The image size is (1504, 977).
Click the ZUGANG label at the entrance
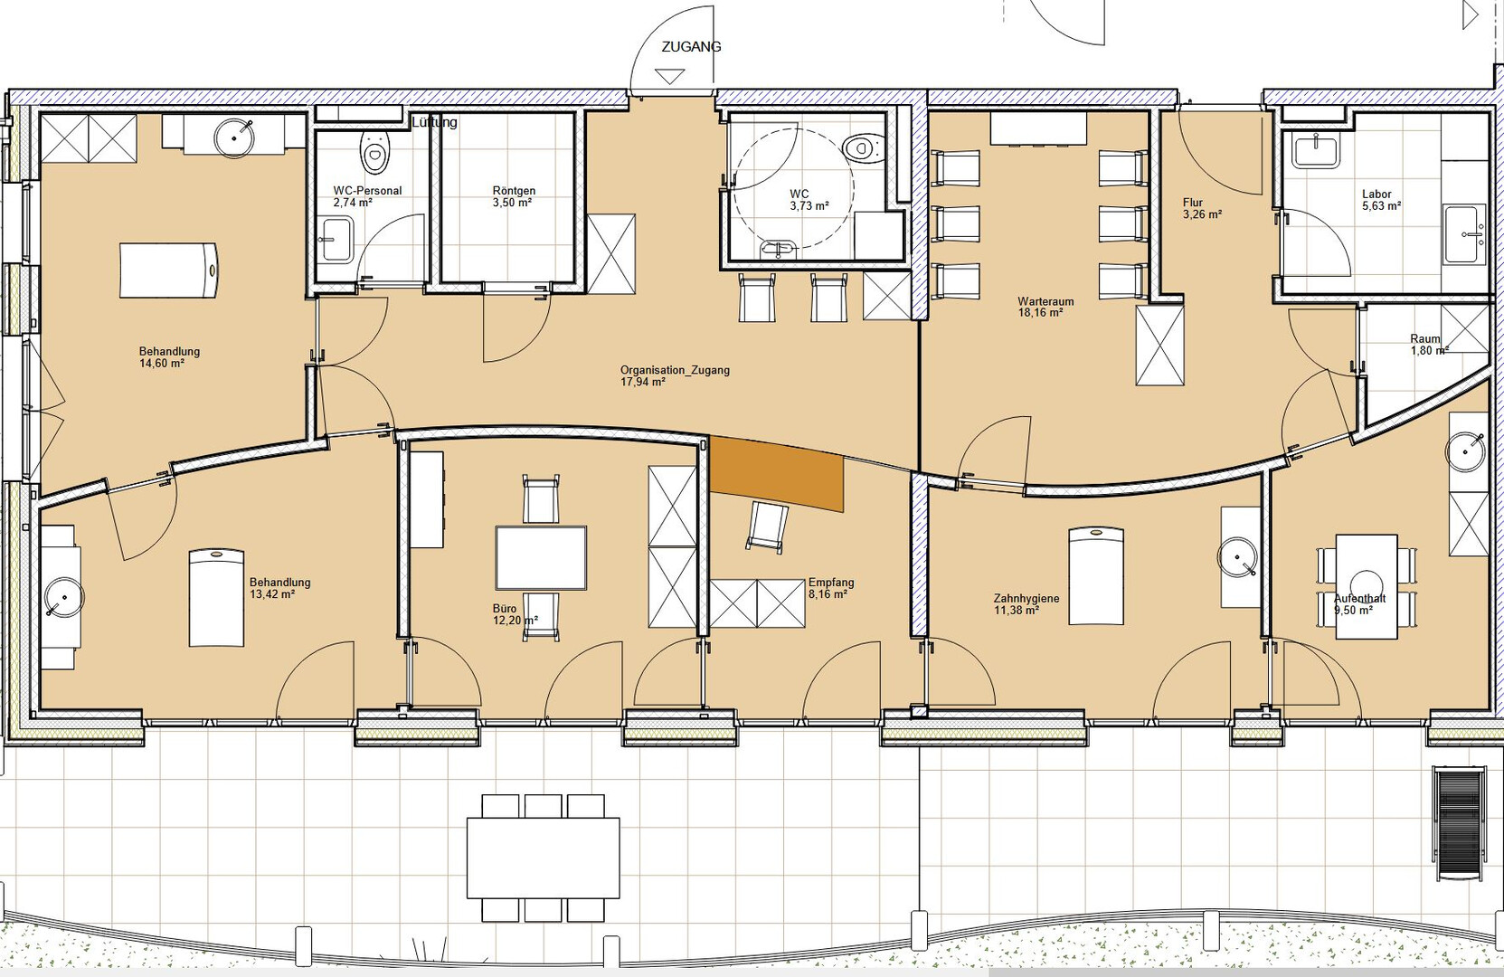691,47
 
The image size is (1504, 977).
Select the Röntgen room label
514,191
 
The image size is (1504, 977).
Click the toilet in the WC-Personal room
374,151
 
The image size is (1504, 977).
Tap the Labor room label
1376,194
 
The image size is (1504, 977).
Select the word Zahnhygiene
1026,598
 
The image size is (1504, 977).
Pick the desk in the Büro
541,558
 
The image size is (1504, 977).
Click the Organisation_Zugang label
675,370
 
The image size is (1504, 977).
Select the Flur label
1193,203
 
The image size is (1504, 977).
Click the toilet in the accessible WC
865,147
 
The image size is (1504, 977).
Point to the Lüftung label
434,122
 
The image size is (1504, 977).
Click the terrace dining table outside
544,858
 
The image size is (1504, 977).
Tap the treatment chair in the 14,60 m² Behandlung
169,270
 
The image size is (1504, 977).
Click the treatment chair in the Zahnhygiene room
1096,576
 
